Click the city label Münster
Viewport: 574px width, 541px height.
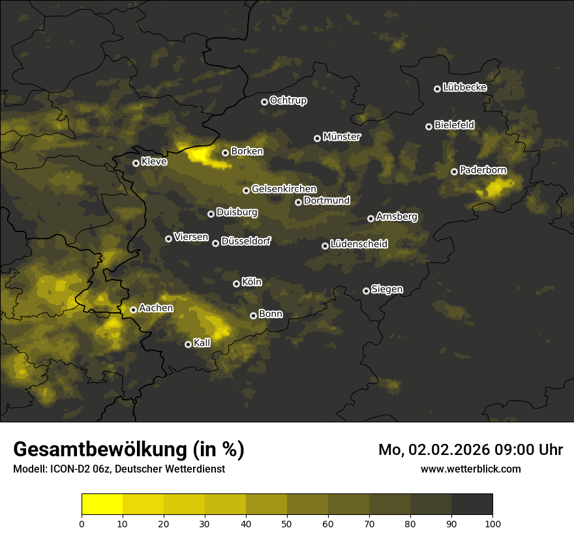[342, 137]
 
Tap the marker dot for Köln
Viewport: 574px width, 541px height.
[236, 284]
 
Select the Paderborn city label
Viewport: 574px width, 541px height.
[483, 170]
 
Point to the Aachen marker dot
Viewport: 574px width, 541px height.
[133, 310]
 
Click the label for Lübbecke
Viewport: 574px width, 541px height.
[464, 87]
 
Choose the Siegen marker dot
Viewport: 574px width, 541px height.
[366, 291]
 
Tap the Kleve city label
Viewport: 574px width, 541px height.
[154, 162]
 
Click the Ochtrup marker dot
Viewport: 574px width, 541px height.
[264, 102]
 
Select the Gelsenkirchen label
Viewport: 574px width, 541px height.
[284, 189]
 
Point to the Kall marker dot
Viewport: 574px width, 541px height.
[188, 344]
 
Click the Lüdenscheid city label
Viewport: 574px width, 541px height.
[359, 244]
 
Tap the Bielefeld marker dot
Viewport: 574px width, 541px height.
[429, 126]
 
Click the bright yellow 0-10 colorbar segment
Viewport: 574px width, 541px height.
[102, 504]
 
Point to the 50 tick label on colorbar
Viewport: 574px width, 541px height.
[287, 523]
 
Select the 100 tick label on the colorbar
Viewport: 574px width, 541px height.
[492, 523]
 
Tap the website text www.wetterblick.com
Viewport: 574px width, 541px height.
[470, 469]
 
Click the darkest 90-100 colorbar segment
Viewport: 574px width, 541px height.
[472, 504]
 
